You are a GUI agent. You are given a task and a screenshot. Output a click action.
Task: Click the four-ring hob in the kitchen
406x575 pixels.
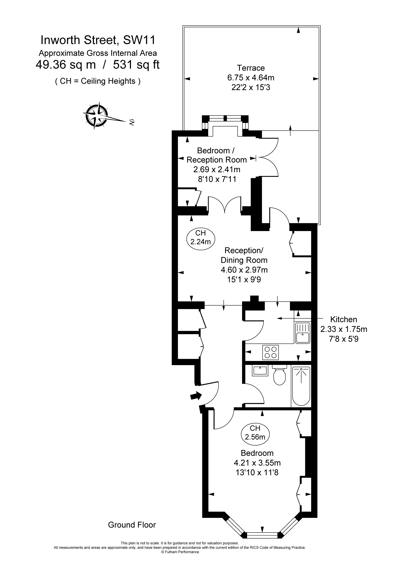270,352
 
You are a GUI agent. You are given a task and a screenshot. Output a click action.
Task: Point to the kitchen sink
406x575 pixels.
303,333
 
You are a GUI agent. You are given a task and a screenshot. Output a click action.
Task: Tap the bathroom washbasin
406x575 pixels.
260,371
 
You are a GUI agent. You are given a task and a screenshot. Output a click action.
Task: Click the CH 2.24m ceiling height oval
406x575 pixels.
201,237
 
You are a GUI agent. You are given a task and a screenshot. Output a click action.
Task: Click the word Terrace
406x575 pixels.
251,68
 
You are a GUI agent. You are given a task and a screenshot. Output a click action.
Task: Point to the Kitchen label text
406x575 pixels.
343,319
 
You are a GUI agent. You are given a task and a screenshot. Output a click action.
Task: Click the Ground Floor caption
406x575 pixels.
132,525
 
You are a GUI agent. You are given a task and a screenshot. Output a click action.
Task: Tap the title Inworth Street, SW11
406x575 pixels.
98,40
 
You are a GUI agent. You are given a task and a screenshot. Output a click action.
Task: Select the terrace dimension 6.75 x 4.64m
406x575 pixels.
251,78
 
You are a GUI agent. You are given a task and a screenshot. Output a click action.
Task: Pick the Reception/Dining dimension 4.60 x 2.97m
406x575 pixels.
244,270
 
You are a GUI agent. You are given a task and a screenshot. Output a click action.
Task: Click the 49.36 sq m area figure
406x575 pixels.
66,65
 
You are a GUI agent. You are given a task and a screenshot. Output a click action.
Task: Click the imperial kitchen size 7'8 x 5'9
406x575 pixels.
343,339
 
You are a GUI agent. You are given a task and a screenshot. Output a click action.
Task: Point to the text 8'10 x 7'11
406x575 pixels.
217,179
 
